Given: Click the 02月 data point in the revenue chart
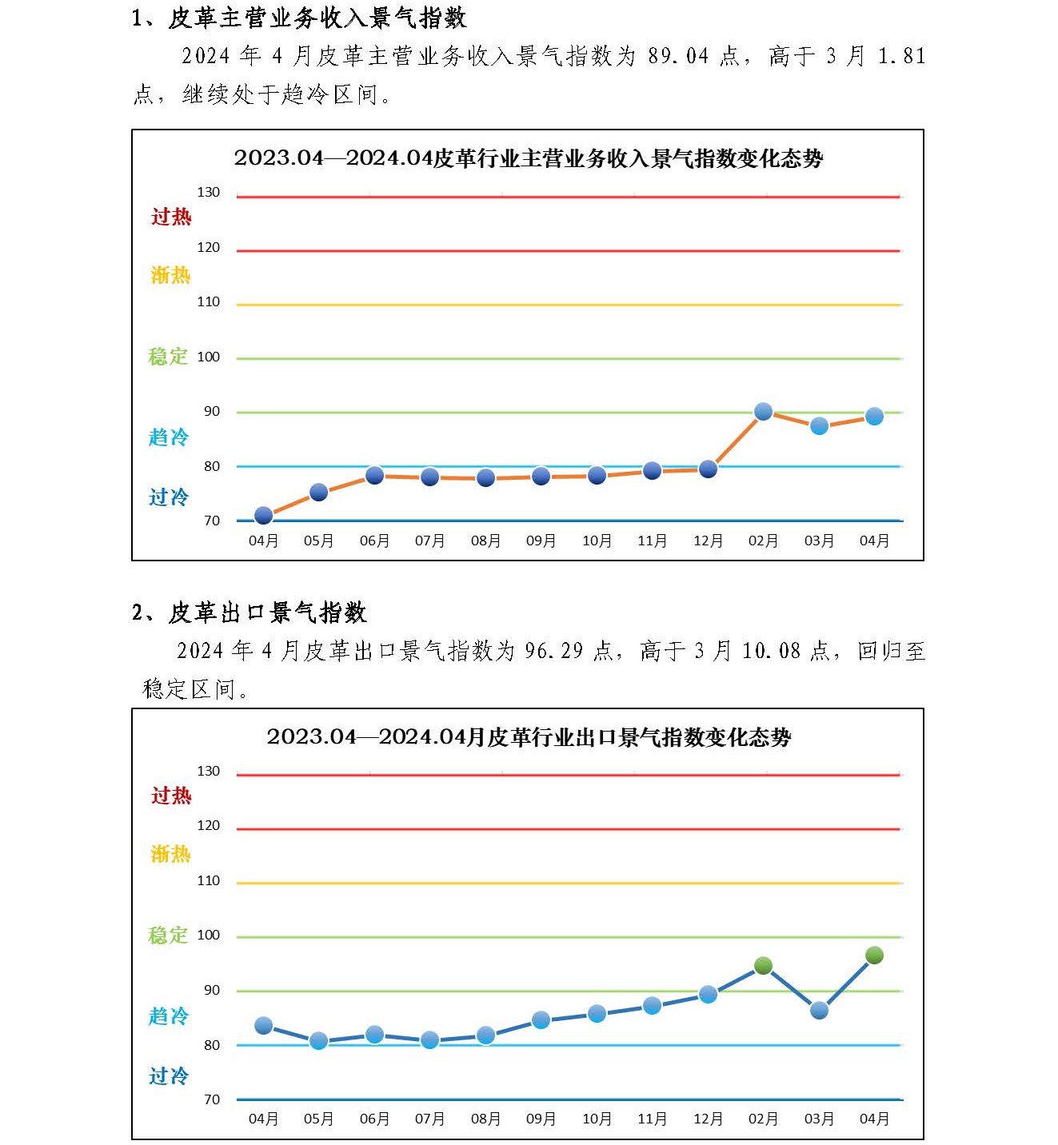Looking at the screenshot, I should [763, 412].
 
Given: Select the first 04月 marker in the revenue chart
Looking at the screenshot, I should [263, 516].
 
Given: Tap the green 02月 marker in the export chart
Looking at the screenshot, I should [763, 966].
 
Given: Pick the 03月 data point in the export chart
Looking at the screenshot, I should [819, 1011].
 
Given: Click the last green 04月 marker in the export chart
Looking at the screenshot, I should [874, 955].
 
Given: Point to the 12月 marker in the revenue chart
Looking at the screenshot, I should [708, 469].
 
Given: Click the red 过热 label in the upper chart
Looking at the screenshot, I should [171, 217].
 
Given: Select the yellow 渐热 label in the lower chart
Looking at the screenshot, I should [170, 854].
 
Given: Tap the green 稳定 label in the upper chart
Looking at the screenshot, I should [168, 357].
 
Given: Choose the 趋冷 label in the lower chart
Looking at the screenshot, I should [169, 1016].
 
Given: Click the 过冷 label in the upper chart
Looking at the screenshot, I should [169, 497].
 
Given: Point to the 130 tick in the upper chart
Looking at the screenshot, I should [209, 193].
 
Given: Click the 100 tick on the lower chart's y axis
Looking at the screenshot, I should [209, 936].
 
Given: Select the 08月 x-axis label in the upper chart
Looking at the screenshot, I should [485, 541].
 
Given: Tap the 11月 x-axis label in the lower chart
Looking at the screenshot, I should [652, 1119].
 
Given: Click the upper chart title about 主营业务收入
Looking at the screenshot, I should [528, 158].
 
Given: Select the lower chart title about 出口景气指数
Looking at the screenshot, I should [529, 737].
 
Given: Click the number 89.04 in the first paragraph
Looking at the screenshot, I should [678, 56].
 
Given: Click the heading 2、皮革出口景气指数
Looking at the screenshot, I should [249, 613].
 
